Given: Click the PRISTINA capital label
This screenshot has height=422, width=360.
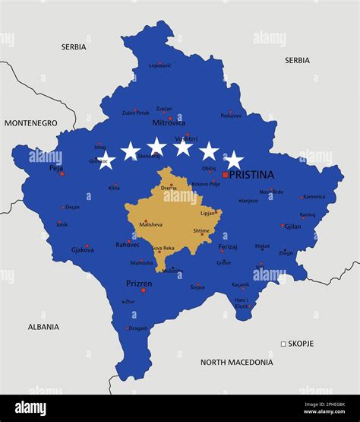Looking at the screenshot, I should point(251,174).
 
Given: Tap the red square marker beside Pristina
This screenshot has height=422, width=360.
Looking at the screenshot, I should point(225,175).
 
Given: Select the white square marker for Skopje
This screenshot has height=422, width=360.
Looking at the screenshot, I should point(283,344).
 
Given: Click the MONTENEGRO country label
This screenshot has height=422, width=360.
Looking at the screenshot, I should point(30,122).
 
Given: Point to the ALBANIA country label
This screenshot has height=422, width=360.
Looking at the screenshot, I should point(43,327).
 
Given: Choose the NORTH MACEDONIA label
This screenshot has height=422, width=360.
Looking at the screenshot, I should point(236,363).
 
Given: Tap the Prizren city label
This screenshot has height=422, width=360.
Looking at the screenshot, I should point(139,284).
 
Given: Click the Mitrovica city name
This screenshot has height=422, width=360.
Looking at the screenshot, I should point(169,122).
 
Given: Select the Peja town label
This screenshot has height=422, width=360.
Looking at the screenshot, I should point(55,168).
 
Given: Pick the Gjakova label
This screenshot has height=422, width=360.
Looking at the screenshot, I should point(83,249).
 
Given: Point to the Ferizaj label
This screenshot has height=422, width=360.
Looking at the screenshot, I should point(228,247).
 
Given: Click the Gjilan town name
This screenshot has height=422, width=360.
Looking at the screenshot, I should point(292,227).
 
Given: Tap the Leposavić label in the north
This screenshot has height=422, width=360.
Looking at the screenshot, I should point(160,65).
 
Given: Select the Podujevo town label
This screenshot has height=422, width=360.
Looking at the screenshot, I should point(231,116).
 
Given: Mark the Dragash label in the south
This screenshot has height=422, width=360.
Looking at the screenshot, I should point(138,328).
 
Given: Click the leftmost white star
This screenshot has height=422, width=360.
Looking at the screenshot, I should point(106,160).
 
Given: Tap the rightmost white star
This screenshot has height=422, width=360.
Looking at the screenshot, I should point(234,160).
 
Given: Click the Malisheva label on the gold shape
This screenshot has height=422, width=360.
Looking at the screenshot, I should point(150,224).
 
